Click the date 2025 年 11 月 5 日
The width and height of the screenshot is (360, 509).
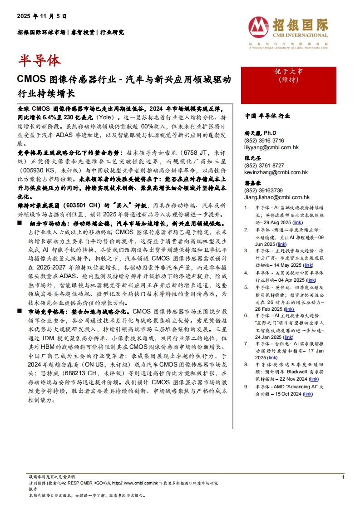click(42, 16)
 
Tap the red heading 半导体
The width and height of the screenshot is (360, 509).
click(39, 60)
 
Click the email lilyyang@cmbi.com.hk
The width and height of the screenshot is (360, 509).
click(271, 147)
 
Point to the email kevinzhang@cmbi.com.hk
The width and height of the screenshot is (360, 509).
click(276, 172)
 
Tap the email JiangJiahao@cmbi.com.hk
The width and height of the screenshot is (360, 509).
click(277, 197)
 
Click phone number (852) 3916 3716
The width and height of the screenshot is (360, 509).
click(264, 141)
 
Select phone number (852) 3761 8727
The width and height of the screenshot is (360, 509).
click(264, 166)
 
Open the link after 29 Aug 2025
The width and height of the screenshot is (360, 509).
click(297, 223)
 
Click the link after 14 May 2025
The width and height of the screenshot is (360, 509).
click(308, 265)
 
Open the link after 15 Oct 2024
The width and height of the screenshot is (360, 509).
click(308, 394)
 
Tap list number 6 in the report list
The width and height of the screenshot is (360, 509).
click(246, 315)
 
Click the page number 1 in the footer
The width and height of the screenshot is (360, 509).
click(343, 477)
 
